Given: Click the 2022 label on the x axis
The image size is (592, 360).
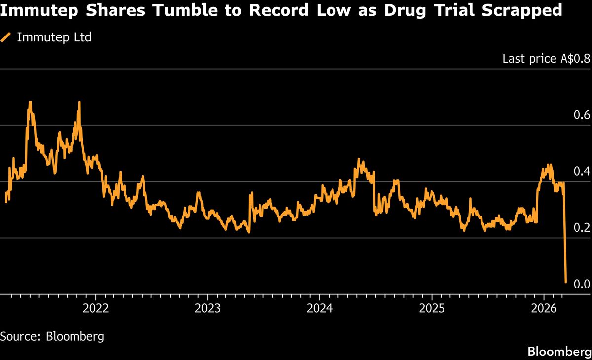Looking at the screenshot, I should (95, 309).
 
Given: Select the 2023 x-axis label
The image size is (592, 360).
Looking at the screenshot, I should (207, 309).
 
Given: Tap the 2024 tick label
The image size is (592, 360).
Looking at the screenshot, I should (319, 309).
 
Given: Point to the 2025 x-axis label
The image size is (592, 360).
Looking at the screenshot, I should (432, 309).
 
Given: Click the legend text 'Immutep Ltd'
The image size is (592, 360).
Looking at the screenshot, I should (54, 37).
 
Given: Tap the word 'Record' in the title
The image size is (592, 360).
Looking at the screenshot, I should (274, 10).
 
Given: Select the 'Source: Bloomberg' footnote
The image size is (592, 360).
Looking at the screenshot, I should (52, 337).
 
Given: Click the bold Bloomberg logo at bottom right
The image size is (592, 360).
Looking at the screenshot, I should (559, 352).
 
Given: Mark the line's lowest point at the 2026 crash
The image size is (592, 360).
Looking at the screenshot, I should (565, 282).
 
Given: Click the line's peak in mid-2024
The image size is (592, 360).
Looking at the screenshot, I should (359, 159).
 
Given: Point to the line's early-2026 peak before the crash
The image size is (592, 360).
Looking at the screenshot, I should (549, 165).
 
